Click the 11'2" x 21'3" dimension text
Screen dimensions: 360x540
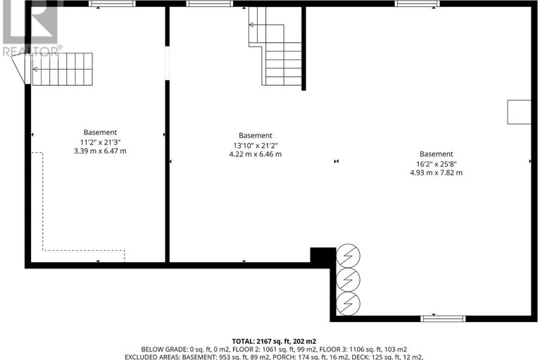100,142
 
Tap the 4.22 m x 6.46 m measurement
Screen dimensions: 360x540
255,154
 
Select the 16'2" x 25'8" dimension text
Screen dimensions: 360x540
437,163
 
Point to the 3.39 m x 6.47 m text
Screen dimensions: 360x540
100,151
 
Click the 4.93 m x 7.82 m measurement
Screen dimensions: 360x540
437,173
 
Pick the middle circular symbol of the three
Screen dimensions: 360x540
347,279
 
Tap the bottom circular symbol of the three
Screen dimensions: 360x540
347,303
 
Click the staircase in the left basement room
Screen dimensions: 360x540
62,69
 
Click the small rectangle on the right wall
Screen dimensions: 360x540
520,111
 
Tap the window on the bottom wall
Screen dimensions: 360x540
443,319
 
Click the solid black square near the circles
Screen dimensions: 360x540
323,256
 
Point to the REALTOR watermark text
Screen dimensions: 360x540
32,50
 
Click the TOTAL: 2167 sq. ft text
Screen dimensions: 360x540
270,340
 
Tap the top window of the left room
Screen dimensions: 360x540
113,5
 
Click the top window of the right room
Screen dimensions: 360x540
417,4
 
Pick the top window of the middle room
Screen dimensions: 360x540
209,4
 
